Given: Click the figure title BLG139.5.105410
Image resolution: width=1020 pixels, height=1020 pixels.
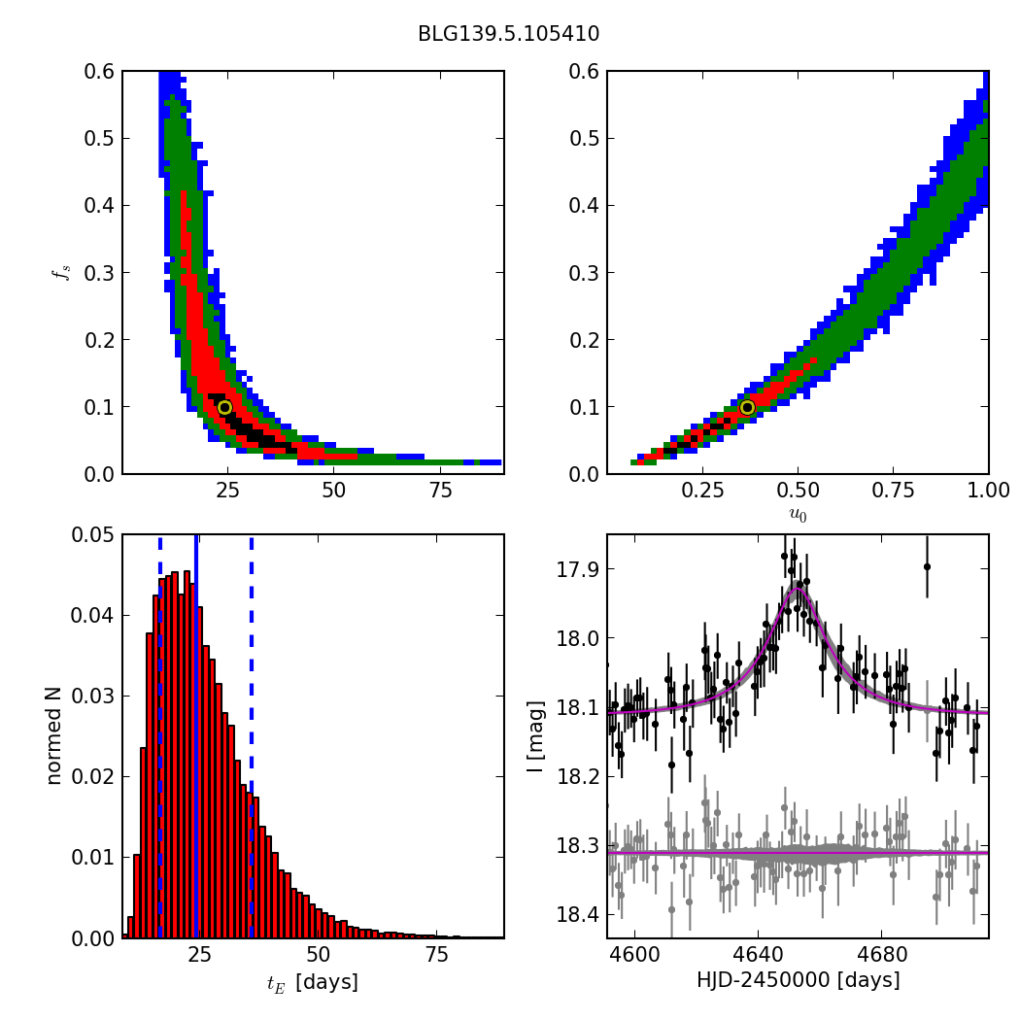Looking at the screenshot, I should pos(508,34).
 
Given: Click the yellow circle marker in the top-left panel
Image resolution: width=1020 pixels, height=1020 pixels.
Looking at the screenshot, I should pos(224,407).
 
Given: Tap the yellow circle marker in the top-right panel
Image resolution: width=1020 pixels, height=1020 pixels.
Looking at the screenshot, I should pos(747,407).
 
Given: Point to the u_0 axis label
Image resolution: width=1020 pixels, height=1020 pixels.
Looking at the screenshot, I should pos(798,515).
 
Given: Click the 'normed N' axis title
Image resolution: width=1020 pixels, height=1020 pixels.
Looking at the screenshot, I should pos(54,736).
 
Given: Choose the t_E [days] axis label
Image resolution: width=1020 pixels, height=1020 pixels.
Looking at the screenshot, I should pos(312,982).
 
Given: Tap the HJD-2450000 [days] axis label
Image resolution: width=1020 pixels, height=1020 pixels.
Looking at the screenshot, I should pos(798,980).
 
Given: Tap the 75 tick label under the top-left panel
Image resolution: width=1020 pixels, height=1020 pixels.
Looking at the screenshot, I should pos(440,491).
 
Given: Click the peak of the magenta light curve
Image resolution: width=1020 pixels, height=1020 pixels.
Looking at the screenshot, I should pos(798,588).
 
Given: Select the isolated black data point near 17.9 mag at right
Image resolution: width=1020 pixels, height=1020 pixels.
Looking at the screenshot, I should pos(927,566).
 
